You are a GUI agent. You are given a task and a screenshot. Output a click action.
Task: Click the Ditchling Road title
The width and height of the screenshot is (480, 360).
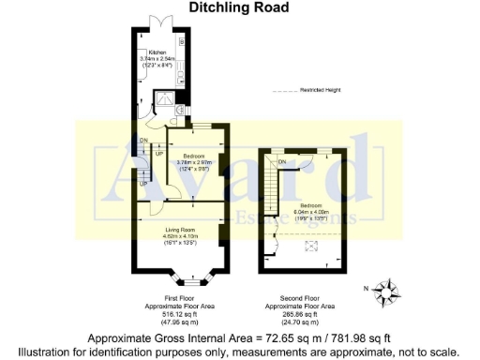240,7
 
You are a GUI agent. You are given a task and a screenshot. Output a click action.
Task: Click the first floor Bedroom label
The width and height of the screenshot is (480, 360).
195,155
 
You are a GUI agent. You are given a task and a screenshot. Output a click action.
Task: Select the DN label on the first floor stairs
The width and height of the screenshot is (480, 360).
143,141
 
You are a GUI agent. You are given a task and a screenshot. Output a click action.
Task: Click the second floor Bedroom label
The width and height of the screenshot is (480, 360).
311,204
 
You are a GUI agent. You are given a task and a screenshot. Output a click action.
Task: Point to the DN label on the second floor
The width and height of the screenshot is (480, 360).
282,162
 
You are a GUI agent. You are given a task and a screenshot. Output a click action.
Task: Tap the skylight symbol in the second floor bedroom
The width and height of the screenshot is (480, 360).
313,247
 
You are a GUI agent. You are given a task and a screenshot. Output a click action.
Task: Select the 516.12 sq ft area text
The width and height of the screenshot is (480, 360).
177,314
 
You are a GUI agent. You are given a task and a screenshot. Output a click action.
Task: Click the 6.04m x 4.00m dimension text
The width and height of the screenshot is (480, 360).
311,212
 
